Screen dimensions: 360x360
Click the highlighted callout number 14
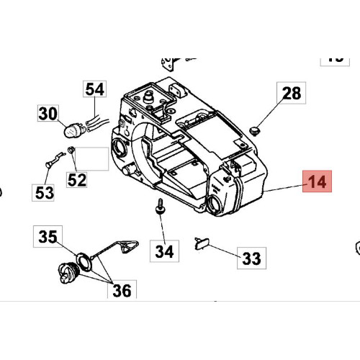(x=317, y=181)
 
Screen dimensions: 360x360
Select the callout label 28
(x=292, y=93)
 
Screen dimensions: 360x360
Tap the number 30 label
(x=48, y=113)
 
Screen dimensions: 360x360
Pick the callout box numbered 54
(x=95, y=89)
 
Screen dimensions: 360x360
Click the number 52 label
(x=77, y=179)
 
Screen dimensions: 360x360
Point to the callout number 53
(x=43, y=192)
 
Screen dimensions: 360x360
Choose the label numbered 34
(x=164, y=251)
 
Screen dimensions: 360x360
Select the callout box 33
(x=251, y=258)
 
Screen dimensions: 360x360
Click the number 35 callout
(x=48, y=237)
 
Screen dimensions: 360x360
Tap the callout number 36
(x=122, y=289)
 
